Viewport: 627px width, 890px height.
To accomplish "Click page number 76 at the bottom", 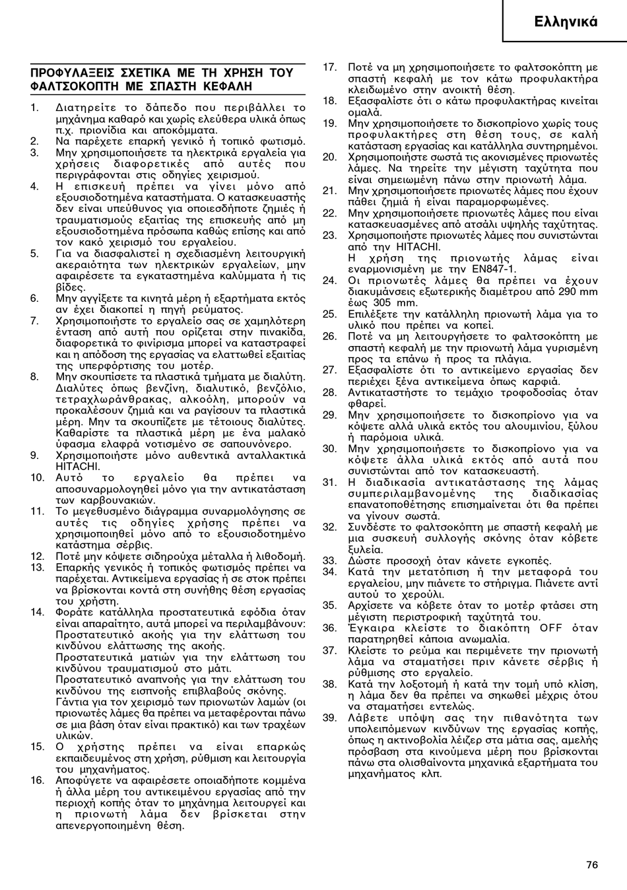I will click(591, 865).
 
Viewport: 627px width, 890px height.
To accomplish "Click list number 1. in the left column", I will click(34, 107).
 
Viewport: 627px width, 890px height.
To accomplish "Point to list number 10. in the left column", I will click(37, 477).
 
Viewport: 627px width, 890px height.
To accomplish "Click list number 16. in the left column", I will click(37, 780).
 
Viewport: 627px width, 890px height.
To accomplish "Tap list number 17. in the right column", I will click(329, 67).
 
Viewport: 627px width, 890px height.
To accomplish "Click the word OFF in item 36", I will click(550, 627).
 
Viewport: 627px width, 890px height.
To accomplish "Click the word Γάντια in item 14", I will click(71, 702).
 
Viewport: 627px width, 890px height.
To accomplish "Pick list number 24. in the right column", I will click(329, 280).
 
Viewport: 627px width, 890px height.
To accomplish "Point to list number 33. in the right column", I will click(329, 561).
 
